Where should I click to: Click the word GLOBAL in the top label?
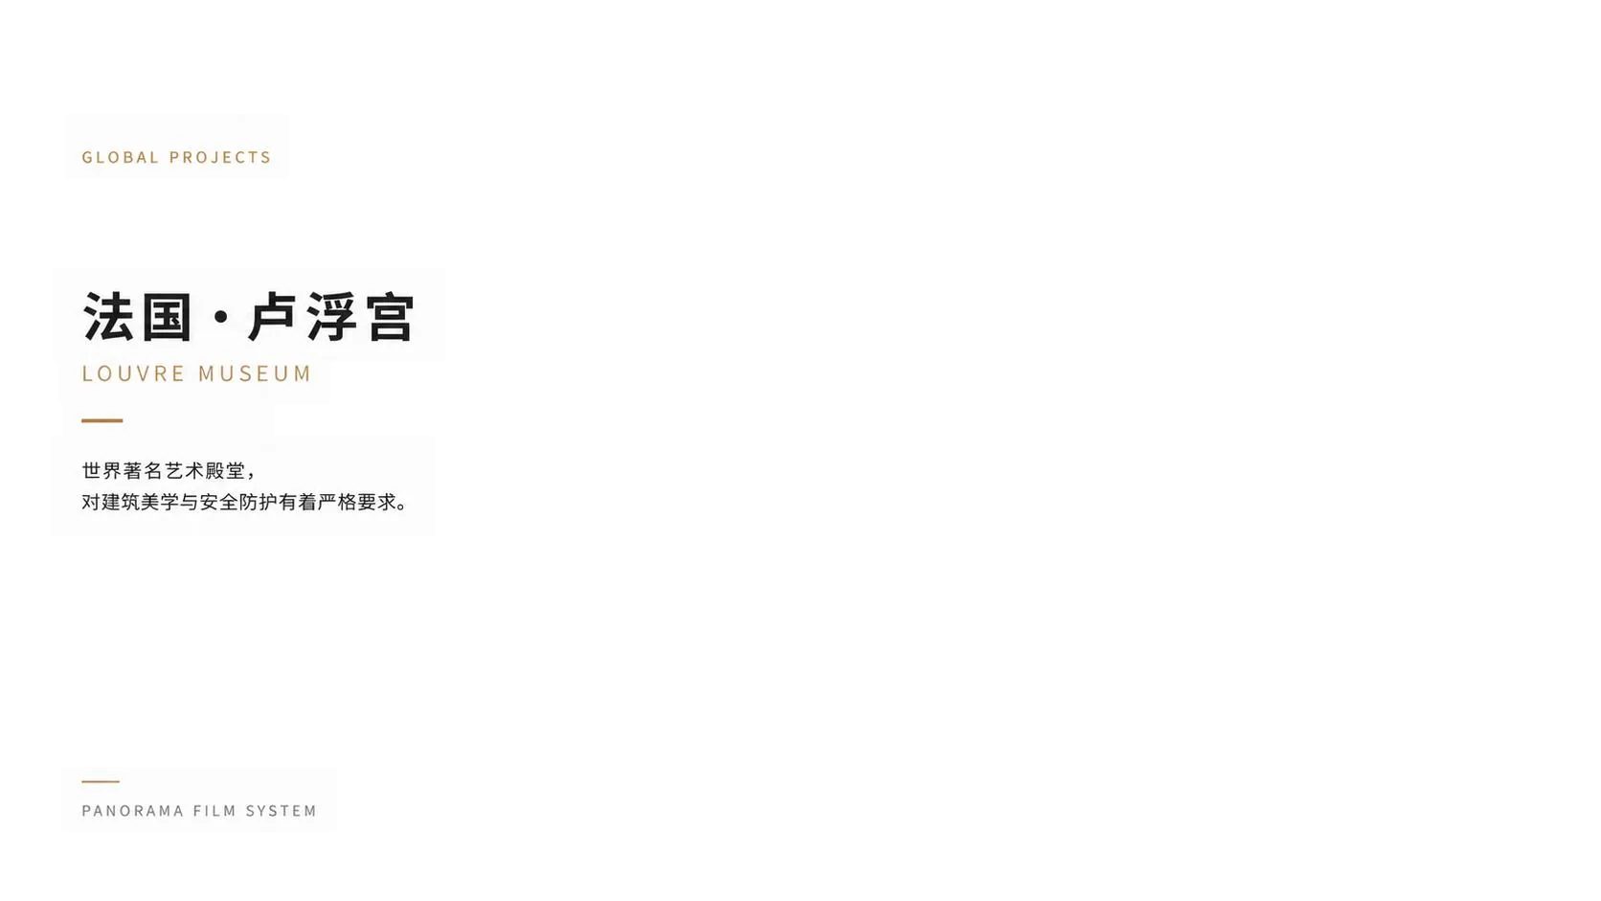pos(120,157)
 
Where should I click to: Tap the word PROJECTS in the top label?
pos(220,157)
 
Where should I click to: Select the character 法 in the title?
pos(108,317)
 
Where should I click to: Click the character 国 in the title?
pos(167,317)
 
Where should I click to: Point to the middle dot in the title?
pos(221,317)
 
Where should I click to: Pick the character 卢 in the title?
pos(272,317)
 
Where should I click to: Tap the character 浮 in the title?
pos(331,317)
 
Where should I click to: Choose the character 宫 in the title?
pos(391,317)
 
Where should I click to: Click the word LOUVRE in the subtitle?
pos(134,373)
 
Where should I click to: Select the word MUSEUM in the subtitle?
pos(255,373)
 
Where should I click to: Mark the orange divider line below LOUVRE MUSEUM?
pos(102,421)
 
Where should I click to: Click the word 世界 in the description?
pos(101,471)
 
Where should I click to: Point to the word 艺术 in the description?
pos(184,471)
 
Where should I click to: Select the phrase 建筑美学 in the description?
pos(140,503)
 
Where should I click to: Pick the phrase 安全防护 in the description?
pos(238,503)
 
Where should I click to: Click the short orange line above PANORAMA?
pos(100,781)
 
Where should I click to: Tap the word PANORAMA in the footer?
pos(133,811)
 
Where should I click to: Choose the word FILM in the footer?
pos(214,811)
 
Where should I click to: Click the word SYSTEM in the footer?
pos(281,811)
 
